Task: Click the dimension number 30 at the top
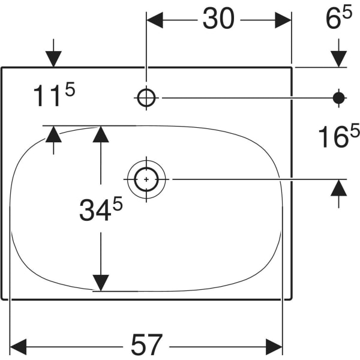coord(218,18)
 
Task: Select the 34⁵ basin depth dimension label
coord(101,209)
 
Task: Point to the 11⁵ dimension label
coord(54,95)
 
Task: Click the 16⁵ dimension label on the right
coord(338,136)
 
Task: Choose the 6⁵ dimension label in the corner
coord(338,18)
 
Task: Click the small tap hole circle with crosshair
coord(146,98)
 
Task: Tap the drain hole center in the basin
coord(146,179)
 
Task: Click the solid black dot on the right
coord(339,98)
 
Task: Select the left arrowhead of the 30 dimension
coord(155,20)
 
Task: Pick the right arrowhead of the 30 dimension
coord(283,20)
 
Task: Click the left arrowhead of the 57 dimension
coord(19,347)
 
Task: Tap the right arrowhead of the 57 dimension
coord(274,347)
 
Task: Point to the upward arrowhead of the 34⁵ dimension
coord(101,134)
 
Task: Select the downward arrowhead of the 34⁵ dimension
coord(101,283)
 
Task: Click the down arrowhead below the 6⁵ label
coord(339,59)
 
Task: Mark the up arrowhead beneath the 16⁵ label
coord(339,188)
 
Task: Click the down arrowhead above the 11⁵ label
coord(53,59)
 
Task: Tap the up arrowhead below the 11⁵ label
coord(53,134)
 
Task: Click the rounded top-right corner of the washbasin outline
coord(291,68)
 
